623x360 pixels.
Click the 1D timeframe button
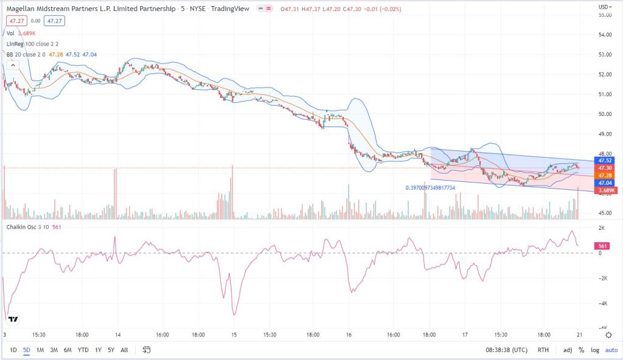click(13, 350)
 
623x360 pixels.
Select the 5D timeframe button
click(27, 350)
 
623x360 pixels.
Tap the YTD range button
click(83, 350)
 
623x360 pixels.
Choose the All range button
click(124, 350)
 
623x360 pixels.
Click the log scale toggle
click(594, 350)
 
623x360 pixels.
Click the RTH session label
click(542, 350)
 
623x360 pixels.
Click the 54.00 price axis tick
click(605, 35)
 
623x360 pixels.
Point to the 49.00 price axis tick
click(605, 134)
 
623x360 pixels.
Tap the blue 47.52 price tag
click(605, 161)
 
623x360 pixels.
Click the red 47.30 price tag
click(605, 168)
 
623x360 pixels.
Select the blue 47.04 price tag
click(605, 182)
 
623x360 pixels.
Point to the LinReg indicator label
click(18, 44)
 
